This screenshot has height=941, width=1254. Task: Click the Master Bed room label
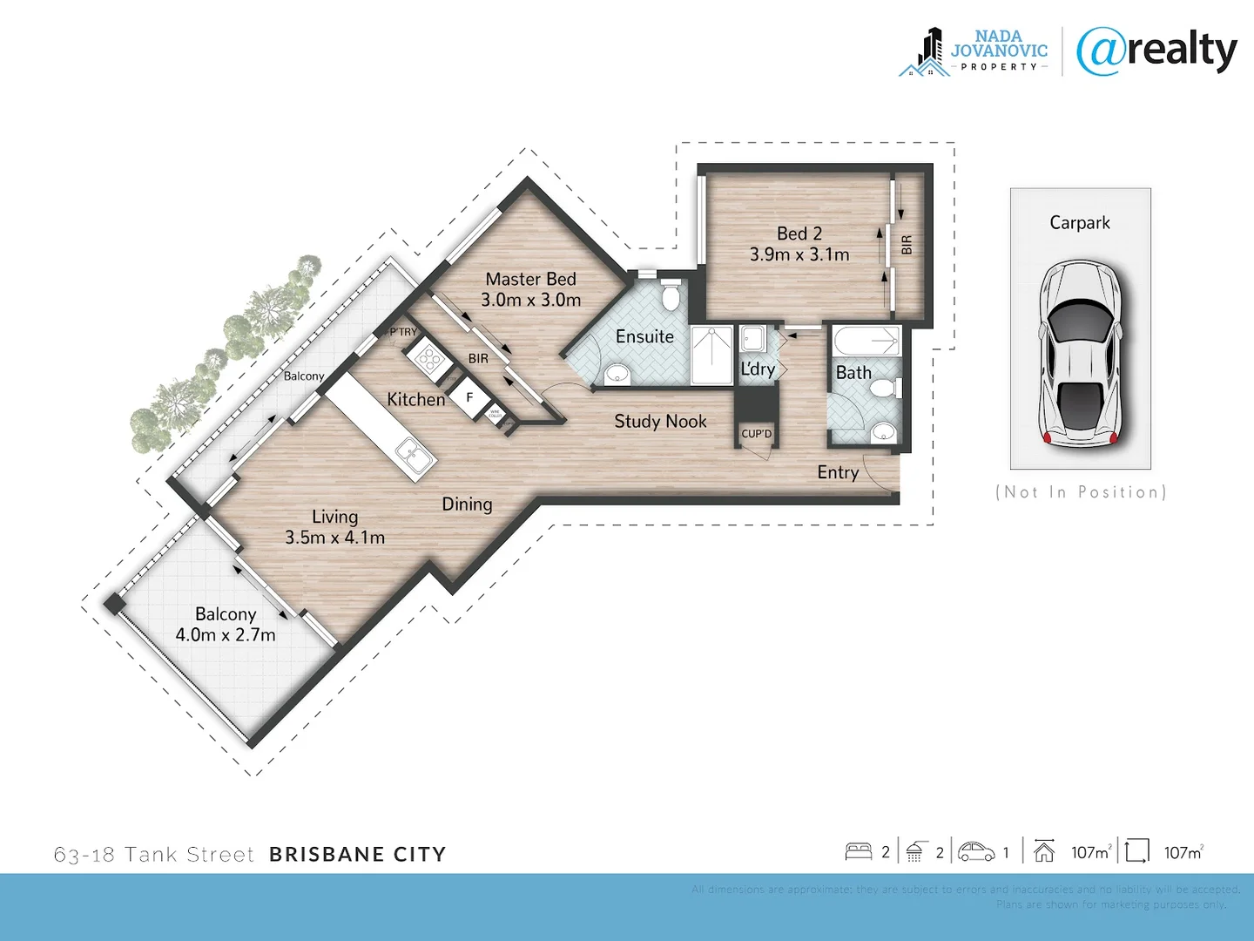pyautogui.click(x=530, y=279)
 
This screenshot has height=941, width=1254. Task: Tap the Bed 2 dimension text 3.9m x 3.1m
pyautogui.click(x=799, y=254)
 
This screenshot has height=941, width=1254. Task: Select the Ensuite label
pyautogui.click(x=644, y=336)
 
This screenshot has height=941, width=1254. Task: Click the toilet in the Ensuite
pyautogui.click(x=670, y=295)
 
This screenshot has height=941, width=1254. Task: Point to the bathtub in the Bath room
pyautogui.click(x=867, y=341)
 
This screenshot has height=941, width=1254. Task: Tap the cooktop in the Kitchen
pyautogui.click(x=428, y=356)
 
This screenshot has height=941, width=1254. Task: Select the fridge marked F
pyautogui.click(x=469, y=397)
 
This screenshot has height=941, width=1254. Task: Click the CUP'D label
pyautogui.click(x=756, y=434)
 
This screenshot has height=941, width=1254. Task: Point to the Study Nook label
pyautogui.click(x=660, y=422)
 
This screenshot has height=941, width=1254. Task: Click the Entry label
pyautogui.click(x=838, y=472)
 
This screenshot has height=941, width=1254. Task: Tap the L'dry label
pyautogui.click(x=758, y=369)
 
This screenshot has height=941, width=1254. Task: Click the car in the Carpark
pyautogui.click(x=1080, y=354)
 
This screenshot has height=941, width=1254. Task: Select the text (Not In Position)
pyautogui.click(x=1080, y=492)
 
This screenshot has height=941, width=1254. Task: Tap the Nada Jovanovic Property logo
pyautogui.click(x=974, y=52)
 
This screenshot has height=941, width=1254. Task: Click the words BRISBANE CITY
pyautogui.click(x=357, y=854)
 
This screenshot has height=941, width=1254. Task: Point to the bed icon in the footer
pyautogui.click(x=858, y=851)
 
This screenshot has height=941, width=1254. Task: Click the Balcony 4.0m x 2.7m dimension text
pyautogui.click(x=226, y=635)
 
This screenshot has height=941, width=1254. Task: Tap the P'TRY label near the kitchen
pyautogui.click(x=402, y=332)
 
